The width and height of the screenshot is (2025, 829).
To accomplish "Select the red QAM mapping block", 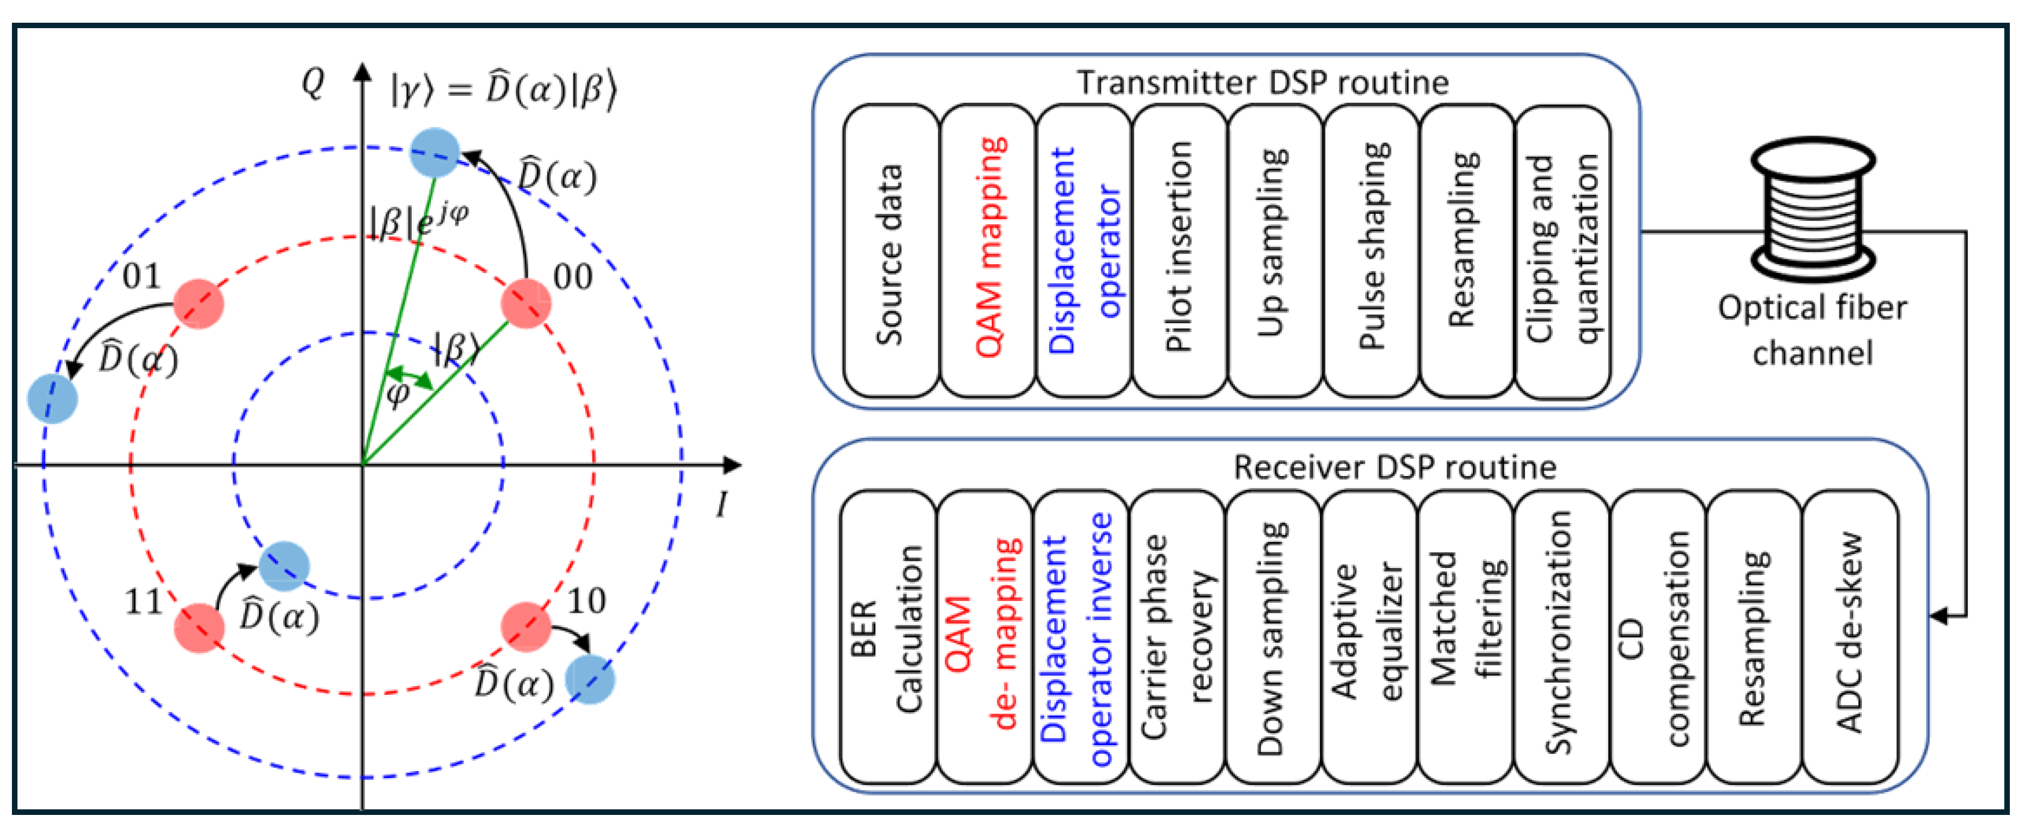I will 987,251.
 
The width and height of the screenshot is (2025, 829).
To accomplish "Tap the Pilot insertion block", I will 1179,251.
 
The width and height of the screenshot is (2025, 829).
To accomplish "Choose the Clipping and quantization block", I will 1562,251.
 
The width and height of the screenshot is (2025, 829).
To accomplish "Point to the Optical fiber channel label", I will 1812,330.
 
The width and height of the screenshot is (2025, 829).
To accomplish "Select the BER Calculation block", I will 888,636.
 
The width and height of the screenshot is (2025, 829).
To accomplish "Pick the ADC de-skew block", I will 1849,636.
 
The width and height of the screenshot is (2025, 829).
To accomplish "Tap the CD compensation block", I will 1657,636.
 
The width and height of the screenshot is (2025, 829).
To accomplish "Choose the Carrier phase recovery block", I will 1177,636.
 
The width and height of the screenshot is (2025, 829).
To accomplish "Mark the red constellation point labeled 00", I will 525,303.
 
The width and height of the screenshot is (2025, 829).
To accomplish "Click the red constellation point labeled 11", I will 199,628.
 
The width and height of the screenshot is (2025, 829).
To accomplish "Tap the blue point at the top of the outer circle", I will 435,153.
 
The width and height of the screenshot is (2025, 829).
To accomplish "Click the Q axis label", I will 313,82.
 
